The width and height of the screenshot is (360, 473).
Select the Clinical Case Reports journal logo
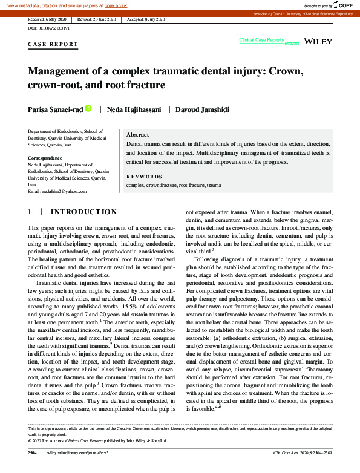pyautogui.click(x=261, y=40)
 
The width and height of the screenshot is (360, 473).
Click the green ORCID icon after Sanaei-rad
pyautogui.click(x=88, y=109)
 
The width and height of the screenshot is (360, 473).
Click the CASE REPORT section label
pyautogui.click(x=53, y=44)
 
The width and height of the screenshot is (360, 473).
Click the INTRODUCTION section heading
pyautogui.click(x=83, y=212)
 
